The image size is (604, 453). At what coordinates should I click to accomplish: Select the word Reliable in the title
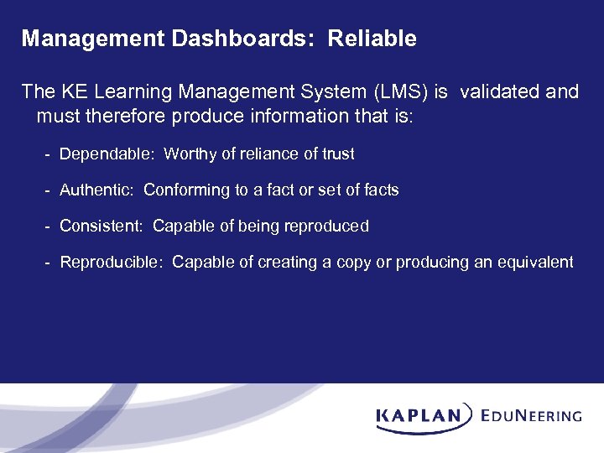click(x=372, y=39)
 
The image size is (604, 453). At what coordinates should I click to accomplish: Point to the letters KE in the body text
click(x=70, y=91)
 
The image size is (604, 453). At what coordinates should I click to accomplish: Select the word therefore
click(x=128, y=116)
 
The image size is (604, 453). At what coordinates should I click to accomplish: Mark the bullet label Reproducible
click(x=112, y=263)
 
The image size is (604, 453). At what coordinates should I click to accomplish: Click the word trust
click(x=337, y=154)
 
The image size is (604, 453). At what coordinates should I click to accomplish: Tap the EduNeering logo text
click(x=532, y=415)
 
